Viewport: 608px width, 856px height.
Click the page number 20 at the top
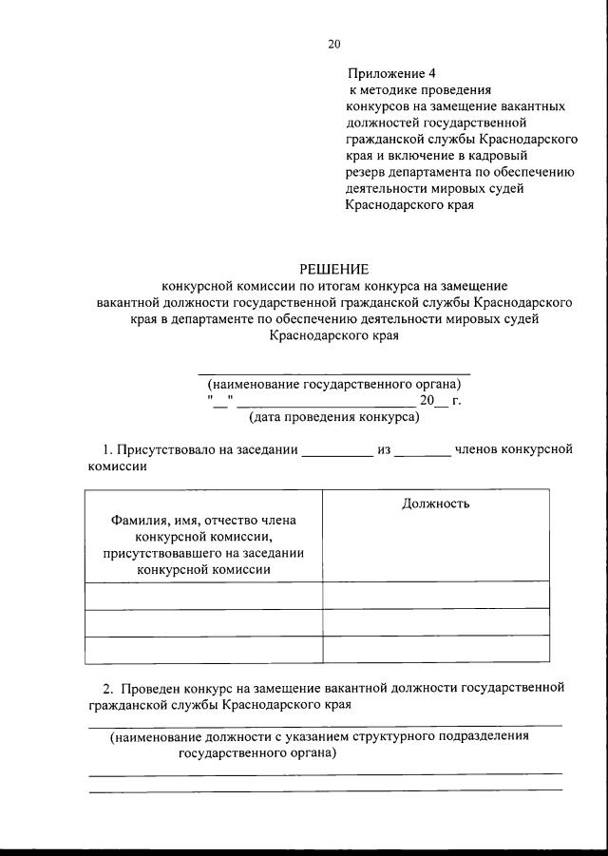coord(332,44)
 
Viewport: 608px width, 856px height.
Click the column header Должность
coord(435,504)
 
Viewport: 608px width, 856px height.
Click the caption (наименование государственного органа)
coord(334,385)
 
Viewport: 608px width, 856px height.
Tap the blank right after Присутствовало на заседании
coord(337,451)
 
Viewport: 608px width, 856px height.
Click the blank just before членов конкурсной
coord(422,451)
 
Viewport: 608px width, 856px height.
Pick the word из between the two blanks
coord(385,449)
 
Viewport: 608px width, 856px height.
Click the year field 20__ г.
coord(440,401)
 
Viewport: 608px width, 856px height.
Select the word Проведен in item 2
coord(144,687)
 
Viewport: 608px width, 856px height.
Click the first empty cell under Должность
coord(435,595)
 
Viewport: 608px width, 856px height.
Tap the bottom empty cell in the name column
coord(203,649)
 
